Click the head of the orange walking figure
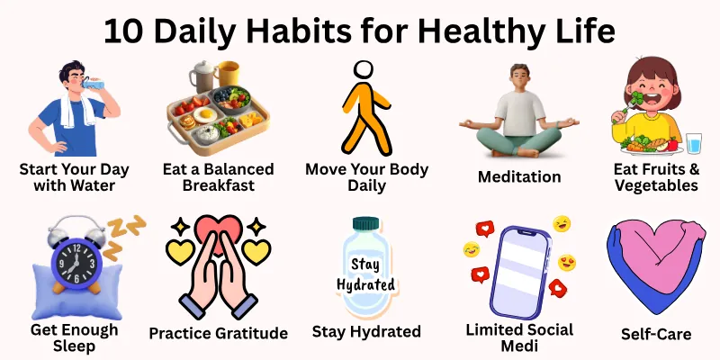pyautogui.click(x=362, y=71)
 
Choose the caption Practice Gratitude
pyautogui.click(x=219, y=333)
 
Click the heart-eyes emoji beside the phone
pyautogui.click(x=567, y=263)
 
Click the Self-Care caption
pyautogui.click(x=656, y=334)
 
